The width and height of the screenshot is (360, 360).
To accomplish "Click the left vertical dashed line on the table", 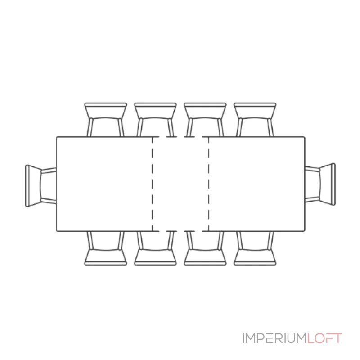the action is coord(153,184).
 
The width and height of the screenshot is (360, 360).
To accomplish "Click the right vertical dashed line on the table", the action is coord(209,184).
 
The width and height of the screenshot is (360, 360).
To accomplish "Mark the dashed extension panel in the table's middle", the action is coord(180,184).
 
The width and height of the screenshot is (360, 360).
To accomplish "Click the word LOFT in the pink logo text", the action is coord(324,338).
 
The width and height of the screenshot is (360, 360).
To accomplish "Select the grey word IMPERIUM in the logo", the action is coord(275,338).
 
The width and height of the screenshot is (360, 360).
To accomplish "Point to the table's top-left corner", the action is coord(57,137).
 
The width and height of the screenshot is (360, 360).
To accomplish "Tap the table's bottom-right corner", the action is coord(305,231).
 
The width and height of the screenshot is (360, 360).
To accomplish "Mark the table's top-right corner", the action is coord(305,137).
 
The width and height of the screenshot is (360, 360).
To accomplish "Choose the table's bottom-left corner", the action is coord(57,231).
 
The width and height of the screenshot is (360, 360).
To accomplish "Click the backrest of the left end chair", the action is coord(27,186).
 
